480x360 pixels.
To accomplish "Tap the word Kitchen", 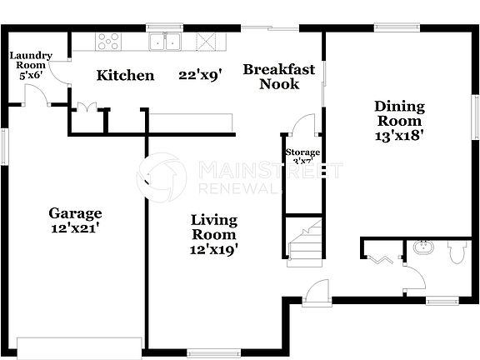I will (126, 76).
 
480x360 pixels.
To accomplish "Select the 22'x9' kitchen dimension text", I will (199, 76).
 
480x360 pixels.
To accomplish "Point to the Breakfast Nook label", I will (279, 76).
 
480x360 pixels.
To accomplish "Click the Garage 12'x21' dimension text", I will (75, 226).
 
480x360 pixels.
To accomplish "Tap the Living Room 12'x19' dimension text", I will (214, 248).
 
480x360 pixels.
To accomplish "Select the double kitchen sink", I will (166, 41).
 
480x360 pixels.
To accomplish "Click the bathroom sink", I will (422, 247).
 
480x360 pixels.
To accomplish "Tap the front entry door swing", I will (317, 290).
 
